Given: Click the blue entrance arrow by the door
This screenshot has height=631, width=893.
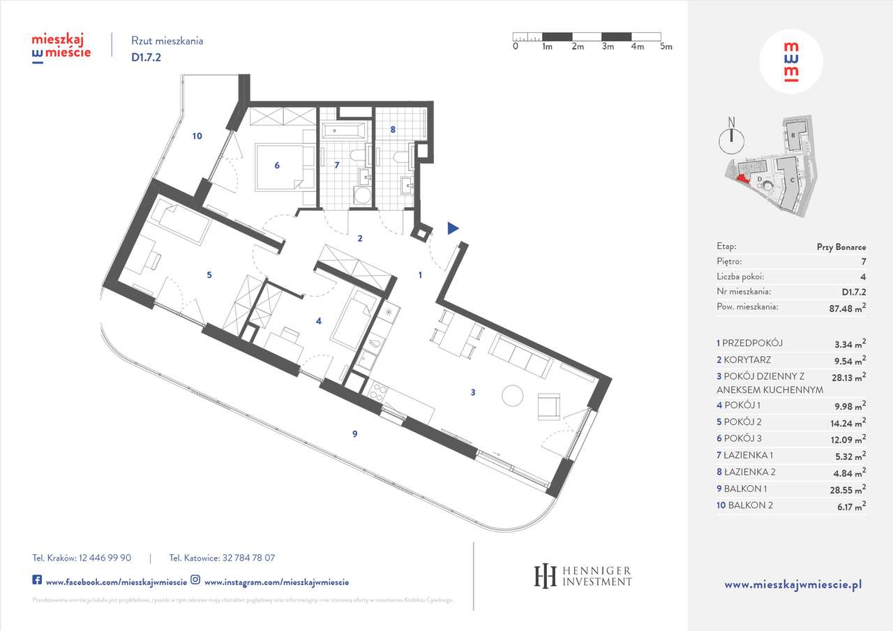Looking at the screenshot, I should coord(453,228).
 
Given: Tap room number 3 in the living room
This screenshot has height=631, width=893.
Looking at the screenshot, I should coord(472,392).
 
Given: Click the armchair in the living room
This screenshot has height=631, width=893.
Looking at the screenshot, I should coord(549,406).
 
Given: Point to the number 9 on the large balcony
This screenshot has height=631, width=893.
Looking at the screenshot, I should coord(355,434).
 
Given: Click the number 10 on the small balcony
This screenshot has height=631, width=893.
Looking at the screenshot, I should coord(197,136).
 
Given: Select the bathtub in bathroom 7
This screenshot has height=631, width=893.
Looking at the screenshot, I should coord(343,131).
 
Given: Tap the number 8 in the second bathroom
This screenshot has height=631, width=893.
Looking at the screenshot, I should coord(393,129).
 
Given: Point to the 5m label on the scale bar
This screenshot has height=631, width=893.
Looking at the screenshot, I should coord(666,47).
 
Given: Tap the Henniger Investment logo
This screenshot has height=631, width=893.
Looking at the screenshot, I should coord(583,575).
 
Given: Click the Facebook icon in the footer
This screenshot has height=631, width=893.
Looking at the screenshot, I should coord(37,581).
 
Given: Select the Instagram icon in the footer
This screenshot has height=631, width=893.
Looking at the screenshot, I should coord(196,581).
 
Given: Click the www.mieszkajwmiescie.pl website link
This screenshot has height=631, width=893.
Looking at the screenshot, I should coord(793,585).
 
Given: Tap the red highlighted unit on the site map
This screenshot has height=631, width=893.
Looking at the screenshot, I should coord(741,178).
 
